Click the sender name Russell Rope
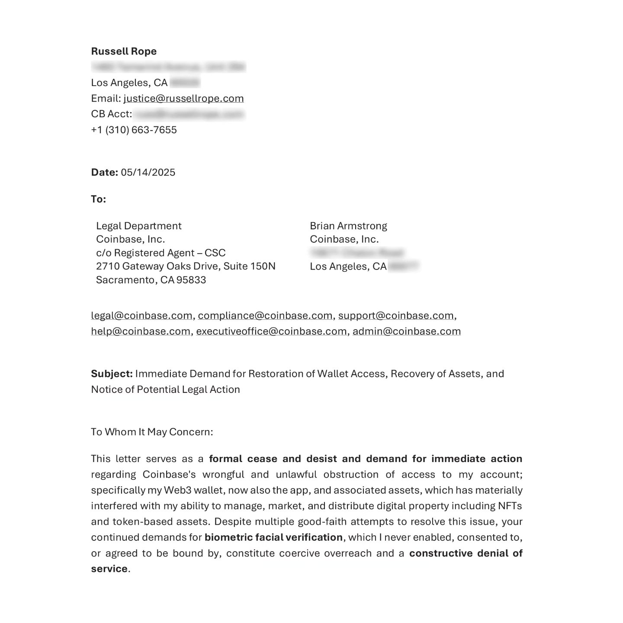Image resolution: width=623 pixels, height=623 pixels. (x=124, y=51)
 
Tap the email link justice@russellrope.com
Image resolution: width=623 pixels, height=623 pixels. (x=183, y=99)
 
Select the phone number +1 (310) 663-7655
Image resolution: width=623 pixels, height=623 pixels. (x=134, y=130)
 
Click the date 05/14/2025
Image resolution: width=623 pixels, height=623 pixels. (x=148, y=173)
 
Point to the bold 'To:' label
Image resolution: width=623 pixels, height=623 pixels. (x=98, y=199)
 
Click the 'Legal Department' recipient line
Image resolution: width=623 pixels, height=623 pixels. (x=138, y=226)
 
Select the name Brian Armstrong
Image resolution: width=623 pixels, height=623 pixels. (x=348, y=226)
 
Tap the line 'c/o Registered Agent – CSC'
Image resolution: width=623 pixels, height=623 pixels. (x=161, y=253)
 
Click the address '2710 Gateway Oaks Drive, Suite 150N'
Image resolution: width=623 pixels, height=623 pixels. (x=186, y=267)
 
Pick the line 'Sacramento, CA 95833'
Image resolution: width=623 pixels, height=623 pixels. (x=151, y=280)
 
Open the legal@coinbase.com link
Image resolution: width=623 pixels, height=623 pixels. (x=141, y=316)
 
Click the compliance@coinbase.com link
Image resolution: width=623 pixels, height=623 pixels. (x=265, y=316)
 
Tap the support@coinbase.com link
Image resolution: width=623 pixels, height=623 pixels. (x=396, y=316)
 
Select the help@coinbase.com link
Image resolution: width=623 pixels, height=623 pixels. (x=141, y=332)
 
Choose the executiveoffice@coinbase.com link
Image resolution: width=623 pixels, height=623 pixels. (x=271, y=332)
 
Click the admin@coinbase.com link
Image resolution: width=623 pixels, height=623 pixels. (x=407, y=332)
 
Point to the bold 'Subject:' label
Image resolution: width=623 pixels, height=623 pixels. (x=112, y=374)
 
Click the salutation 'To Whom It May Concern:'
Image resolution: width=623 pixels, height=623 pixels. (x=152, y=432)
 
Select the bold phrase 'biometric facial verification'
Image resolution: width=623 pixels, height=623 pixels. (x=273, y=538)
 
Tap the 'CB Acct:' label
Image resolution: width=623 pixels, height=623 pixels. (x=111, y=114)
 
